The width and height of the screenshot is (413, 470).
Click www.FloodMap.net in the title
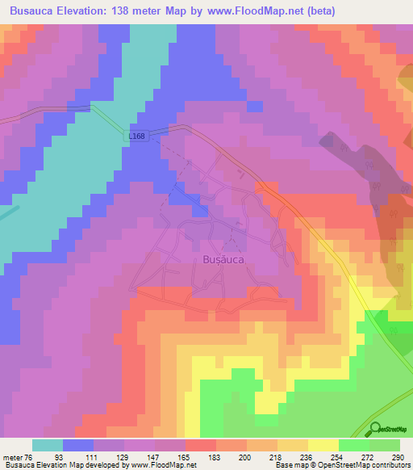click(x=255, y=11)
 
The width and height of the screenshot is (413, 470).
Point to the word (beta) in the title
click(x=321, y=11)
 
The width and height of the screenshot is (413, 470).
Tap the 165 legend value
click(x=186, y=456)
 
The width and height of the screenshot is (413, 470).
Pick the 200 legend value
click(x=246, y=456)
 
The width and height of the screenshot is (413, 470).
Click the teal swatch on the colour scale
click(x=48, y=445)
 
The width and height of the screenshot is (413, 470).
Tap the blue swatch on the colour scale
click(x=78, y=445)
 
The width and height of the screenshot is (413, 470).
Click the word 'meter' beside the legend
click(x=13, y=456)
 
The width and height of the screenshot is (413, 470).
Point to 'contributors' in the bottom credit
click(x=390, y=465)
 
